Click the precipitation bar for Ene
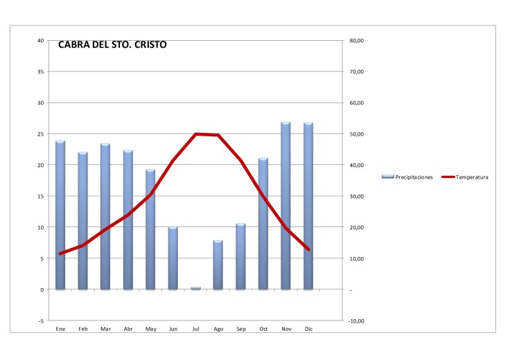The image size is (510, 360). (x=60, y=215)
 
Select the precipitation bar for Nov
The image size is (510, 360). (x=285, y=206)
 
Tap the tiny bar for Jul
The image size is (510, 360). (x=195, y=288)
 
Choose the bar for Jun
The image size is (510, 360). (x=173, y=258)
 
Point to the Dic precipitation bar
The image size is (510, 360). (x=308, y=206)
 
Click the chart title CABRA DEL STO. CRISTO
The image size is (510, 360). (x=112, y=45)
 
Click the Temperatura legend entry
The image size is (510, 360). (x=465, y=177)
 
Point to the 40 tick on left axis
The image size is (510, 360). (x=41, y=41)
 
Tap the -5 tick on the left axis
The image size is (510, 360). (x=41, y=321)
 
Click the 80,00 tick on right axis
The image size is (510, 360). (x=358, y=41)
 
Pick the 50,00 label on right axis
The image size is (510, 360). (x=358, y=134)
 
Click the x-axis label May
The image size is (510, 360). (x=150, y=330)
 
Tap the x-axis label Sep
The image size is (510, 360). (x=240, y=330)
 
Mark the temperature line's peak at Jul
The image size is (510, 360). (x=196, y=134)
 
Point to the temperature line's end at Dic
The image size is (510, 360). (x=308, y=250)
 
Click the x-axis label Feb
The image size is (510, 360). (x=82, y=330)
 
